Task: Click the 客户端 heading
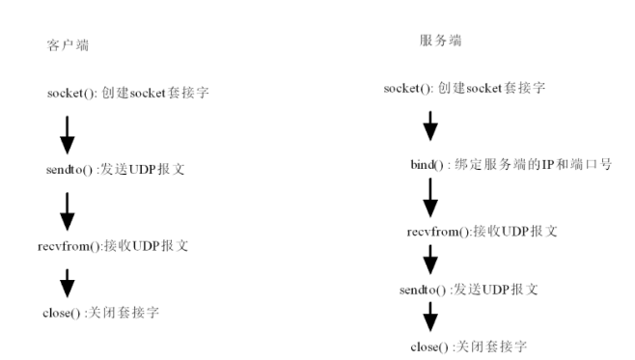pyautogui.click(x=68, y=45)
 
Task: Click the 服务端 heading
pyautogui.click(x=441, y=41)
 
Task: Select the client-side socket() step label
pyautogui.click(x=128, y=93)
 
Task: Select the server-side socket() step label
pyautogui.click(x=464, y=88)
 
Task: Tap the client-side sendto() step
pyautogui.click(x=116, y=169)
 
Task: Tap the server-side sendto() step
pyautogui.click(x=469, y=290)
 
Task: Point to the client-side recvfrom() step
pyautogui.click(x=113, y=246)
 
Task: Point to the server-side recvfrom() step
pyautogui.click(x=483, y=232)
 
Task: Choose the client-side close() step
pyautogui.click(x=100, y=313)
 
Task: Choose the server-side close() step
pyautogui.click(x=469, y=346)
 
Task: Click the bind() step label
pyautogui.click(x=511, y=164)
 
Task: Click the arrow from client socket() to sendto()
pyautogui.click(x=68, y=135)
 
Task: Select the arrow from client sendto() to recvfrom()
pyautogui.click(x=68, y=211)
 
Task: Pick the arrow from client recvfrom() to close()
pyautogui.click(x=68, y=283)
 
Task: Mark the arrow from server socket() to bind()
pyautogui.click(x=430, y=125)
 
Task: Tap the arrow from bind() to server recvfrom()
pyautogui.click(x=430, y=198)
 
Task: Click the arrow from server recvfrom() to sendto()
pyautogui.click(x=430, y=260)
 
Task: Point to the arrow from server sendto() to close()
pyautogui.click(x=430, y=318)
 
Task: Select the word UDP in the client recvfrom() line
pyautogui.click(x=146, y=246)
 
